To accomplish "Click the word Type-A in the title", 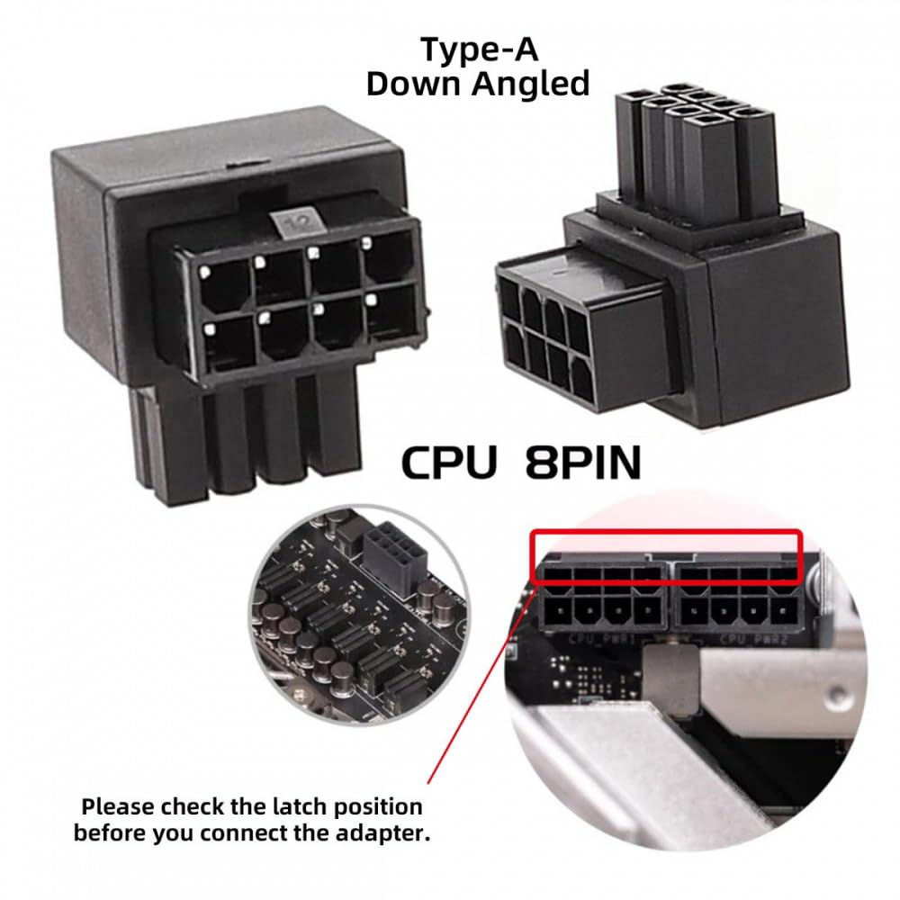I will [477, 49].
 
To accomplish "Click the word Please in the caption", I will [124, 805].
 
